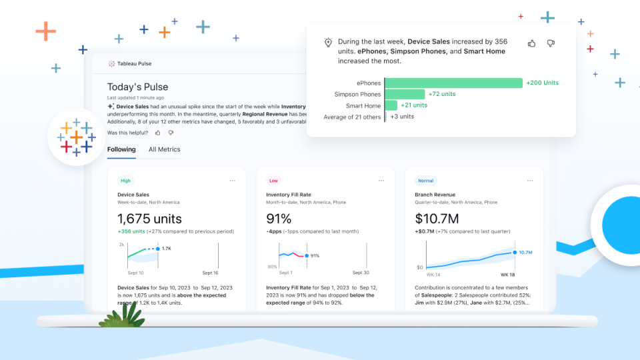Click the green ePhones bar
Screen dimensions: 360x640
click(x=453, y=83)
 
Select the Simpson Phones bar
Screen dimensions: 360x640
click(x=405, y=95)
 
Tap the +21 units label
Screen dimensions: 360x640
click(x=414, y=105)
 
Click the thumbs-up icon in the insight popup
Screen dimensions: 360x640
click(x=532, y=43)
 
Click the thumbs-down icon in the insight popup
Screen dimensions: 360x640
click(x=551, y=43)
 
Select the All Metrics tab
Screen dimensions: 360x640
click(x=164, y=150)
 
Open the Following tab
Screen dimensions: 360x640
click(x=121, y=150)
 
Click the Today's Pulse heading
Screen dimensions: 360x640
click(x=137, y=87)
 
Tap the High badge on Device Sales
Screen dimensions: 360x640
click(x=125, y=181)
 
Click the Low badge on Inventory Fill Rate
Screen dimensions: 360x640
click(x=273, y=181)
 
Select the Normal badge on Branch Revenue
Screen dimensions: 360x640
click(x=425, y=181)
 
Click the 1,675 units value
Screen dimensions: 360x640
click(x=149, y=219)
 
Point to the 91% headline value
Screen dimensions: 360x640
click(x=279, y=219)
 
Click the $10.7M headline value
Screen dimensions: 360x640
click(x=436, y=219)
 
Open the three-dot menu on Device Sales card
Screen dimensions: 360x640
click(x=233, y=181)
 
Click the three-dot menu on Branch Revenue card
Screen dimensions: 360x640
click(x=529, y=181)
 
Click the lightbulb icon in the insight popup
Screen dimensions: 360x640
click(x=328, y=43)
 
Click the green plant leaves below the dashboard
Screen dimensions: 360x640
click(x=124, y=315)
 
